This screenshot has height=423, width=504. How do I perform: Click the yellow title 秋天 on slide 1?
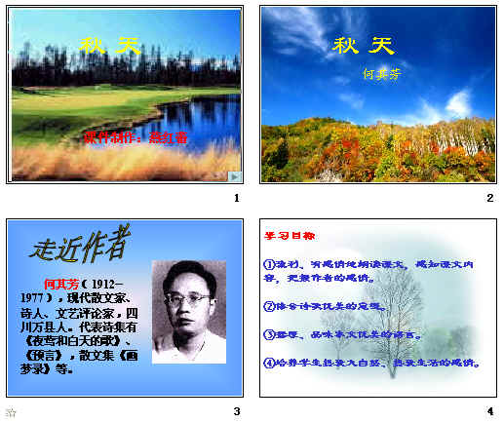click(x=109, y=45)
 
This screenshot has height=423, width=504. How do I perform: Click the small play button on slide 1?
click(x=234, y=175)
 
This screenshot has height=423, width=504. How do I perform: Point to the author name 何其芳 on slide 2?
click(x=381, y=73)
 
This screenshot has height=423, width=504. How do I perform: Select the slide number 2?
click(x=490, y=199)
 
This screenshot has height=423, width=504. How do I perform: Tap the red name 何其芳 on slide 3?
click(x=59, y=284)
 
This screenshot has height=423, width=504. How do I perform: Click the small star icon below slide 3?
click(x=11, y=412)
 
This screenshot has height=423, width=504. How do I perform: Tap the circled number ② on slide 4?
click(x=269, y=306)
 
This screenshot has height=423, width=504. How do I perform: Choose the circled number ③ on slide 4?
click(x=269, y=334)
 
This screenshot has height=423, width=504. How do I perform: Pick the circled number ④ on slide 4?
click(x=269, y=364)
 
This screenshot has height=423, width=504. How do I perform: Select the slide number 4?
click(x=490, y=411)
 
